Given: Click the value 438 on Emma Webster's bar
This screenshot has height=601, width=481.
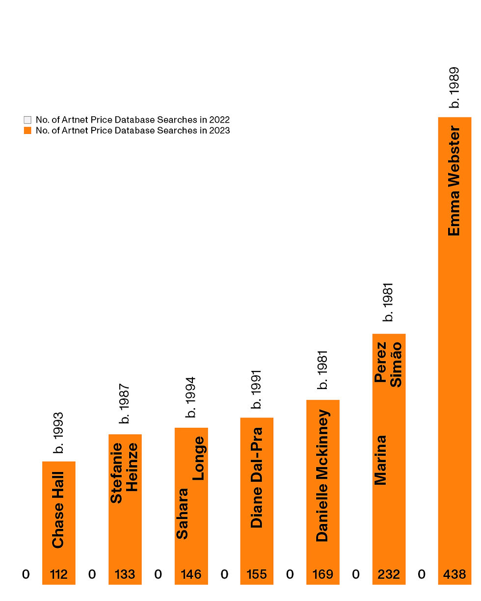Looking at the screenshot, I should [x=454, y=574].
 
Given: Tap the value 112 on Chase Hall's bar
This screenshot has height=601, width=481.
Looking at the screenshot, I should [x=59, y=574].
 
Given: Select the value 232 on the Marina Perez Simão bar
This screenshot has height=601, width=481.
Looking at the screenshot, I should [x=389, y=574].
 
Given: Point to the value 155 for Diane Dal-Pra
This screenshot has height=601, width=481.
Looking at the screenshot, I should [x=257, y=574].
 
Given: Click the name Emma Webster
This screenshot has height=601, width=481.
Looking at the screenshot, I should [x=454, y=182].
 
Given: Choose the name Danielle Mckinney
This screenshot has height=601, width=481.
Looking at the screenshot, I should [x=322, y=475].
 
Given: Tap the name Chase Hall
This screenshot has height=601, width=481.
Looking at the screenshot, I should [x=58, y=509].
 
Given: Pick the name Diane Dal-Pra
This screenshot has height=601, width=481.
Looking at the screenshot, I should [x=257, y=477].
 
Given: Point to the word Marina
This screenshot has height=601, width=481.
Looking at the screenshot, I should [x=381, y=460].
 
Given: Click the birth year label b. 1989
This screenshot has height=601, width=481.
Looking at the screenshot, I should [x=455, y=87].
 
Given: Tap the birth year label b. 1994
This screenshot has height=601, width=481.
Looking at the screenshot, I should [x=191, y=397].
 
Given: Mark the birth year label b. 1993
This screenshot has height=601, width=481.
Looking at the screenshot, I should [x=58, y=432].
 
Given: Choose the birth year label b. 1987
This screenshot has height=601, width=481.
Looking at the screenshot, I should [x=125, y=403].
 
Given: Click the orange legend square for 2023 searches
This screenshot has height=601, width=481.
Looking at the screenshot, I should [x=27, y=131].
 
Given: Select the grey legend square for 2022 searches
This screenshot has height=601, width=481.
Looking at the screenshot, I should [x=27, y=120].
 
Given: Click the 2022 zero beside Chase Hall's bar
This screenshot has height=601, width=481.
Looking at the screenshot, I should [x=26, y=574].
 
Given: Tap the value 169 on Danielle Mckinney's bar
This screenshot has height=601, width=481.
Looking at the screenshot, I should [x=322, y=574].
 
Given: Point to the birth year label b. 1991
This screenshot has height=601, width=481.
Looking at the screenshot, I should [x=257, y=389].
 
